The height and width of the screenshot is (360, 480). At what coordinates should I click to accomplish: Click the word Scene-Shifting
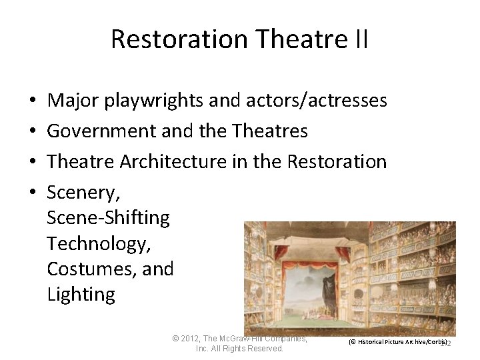109,217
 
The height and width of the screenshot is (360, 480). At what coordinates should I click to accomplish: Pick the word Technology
99,244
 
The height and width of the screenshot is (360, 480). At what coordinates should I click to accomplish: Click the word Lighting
81,295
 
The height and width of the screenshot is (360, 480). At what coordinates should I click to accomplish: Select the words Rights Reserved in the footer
257,349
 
